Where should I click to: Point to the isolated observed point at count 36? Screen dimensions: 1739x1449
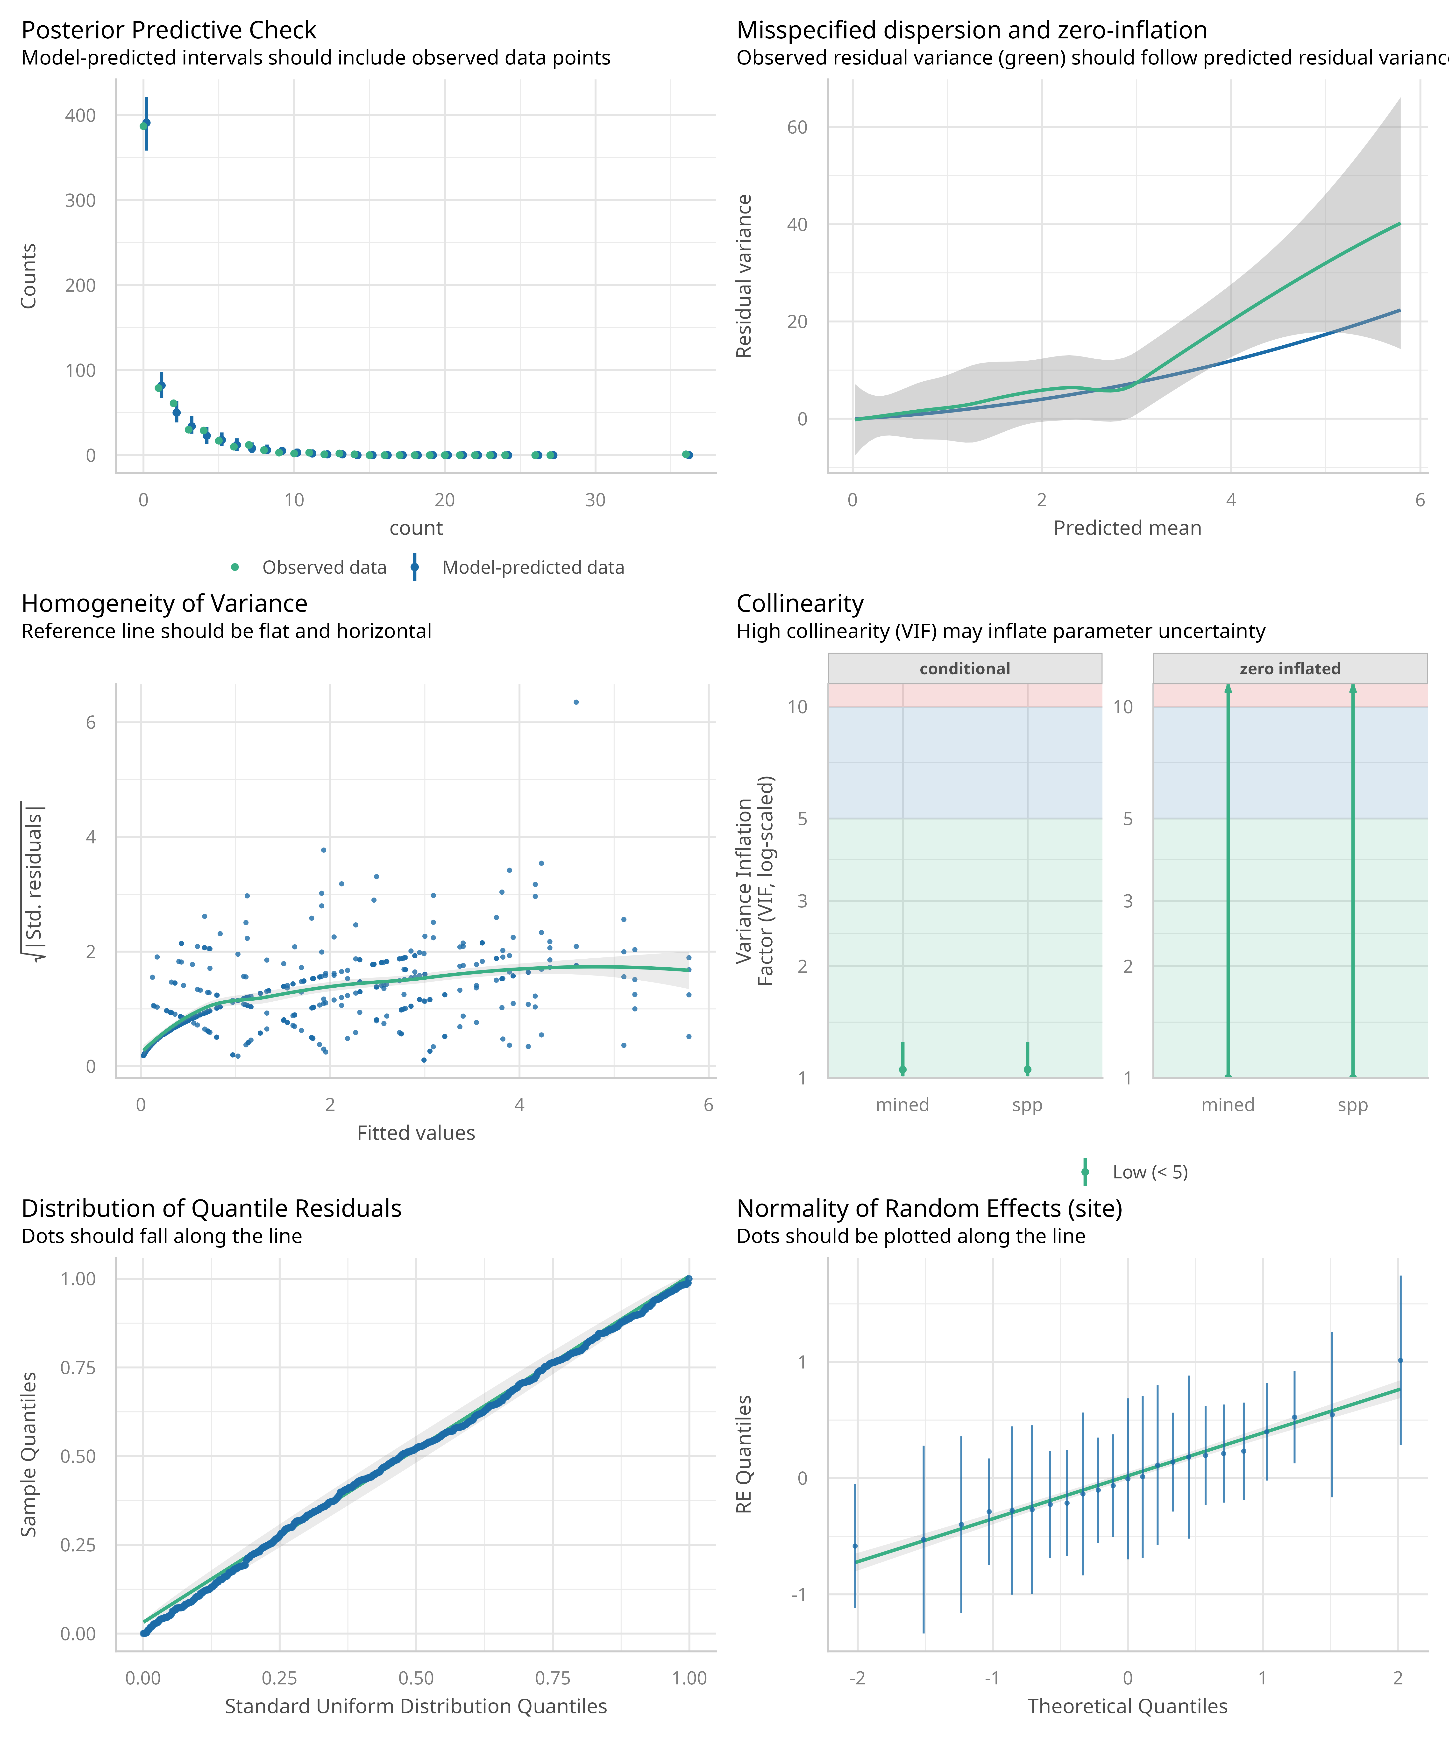(686, 455)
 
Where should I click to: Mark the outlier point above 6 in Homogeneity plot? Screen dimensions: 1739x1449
(576, 702)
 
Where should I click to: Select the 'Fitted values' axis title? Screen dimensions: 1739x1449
(416, 1133)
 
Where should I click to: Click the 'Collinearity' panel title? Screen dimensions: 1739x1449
(800, 604)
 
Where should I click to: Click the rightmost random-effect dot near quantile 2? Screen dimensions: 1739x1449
(1400, 1360)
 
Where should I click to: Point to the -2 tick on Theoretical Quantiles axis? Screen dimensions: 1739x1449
(857, 1679)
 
